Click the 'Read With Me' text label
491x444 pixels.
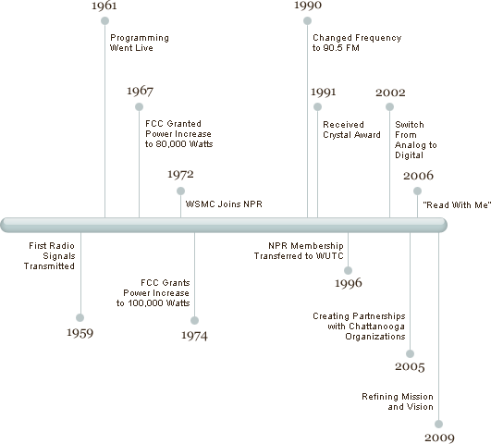click(457, 204)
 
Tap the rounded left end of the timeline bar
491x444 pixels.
click(6, 224)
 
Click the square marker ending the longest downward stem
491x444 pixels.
click(438, 424)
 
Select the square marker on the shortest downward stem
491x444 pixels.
click(348, 271)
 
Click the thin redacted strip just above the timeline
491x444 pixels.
click(223, 203)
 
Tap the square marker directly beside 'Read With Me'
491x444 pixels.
click(417, 191)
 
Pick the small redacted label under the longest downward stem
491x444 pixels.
click(439, 438)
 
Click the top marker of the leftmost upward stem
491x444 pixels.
click(104, 20)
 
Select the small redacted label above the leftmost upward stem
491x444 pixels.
click(104, 6)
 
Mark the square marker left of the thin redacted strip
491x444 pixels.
click(180, 191)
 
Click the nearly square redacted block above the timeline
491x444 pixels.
click(415, 140)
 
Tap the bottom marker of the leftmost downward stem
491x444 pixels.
click(80, 317)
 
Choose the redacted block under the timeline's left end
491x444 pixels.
click(49, 255)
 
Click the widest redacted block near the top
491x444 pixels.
click(356, 43)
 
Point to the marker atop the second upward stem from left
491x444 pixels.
click(139, 106)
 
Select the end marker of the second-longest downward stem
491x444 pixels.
click(410, 353)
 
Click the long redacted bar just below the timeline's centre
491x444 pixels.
click(298, 251)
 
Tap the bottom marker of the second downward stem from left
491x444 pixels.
click(194, 320)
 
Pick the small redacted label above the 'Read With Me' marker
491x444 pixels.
click(418, 175)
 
